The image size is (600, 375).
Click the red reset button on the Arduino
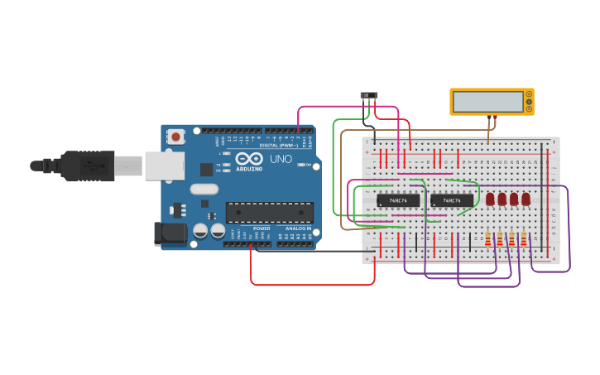175,137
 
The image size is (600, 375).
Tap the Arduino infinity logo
248,159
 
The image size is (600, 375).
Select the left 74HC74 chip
398,200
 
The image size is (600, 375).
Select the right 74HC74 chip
452,200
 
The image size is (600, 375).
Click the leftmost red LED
490,199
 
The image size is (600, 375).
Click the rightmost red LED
526,199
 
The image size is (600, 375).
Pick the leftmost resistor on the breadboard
488,239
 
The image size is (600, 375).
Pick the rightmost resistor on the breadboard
524,239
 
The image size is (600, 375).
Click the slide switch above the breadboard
369,96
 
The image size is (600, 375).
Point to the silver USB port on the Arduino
164,166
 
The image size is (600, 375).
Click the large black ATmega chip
269,213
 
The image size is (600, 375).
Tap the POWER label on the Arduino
262,228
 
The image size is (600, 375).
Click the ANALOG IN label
298,228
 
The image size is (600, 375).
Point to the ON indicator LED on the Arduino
308,165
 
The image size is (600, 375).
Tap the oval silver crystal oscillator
204,189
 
